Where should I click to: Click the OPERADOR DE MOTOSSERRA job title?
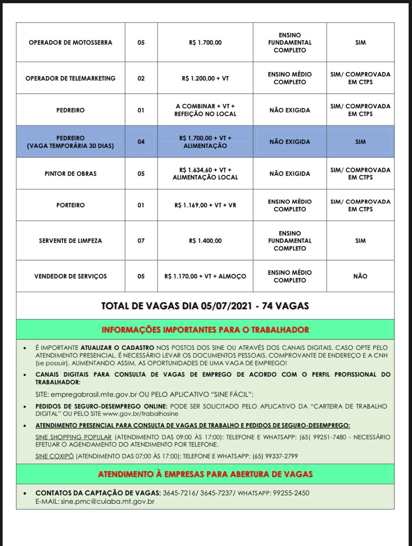tap(70, 43)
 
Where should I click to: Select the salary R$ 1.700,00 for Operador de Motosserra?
tap(205, 43)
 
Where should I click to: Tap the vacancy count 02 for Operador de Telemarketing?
tap(141, 78)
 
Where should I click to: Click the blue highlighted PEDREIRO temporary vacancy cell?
tap(70, 142)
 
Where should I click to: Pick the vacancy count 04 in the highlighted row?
tap(141, 142)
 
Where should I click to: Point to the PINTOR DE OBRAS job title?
tap(70, 174)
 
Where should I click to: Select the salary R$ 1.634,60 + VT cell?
tap(205, 174)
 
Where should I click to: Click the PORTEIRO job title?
tap(70, 205)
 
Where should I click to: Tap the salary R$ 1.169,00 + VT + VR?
tap(205, 205)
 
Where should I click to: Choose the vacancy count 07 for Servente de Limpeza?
tap(141, 241)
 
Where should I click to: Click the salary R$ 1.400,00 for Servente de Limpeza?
tap(205, 241)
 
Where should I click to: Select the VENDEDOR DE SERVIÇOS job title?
tap(70, 276)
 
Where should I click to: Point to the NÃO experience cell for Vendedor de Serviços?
tap(360, 276)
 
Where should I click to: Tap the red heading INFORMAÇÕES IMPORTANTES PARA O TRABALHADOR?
tap(205, 330)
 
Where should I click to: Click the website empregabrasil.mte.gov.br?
tap(92, 394)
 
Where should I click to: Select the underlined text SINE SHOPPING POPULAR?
tap(73, 437)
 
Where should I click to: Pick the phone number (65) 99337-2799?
tap(275, 456)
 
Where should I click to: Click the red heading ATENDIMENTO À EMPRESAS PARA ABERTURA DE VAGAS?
tap(205, 474)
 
